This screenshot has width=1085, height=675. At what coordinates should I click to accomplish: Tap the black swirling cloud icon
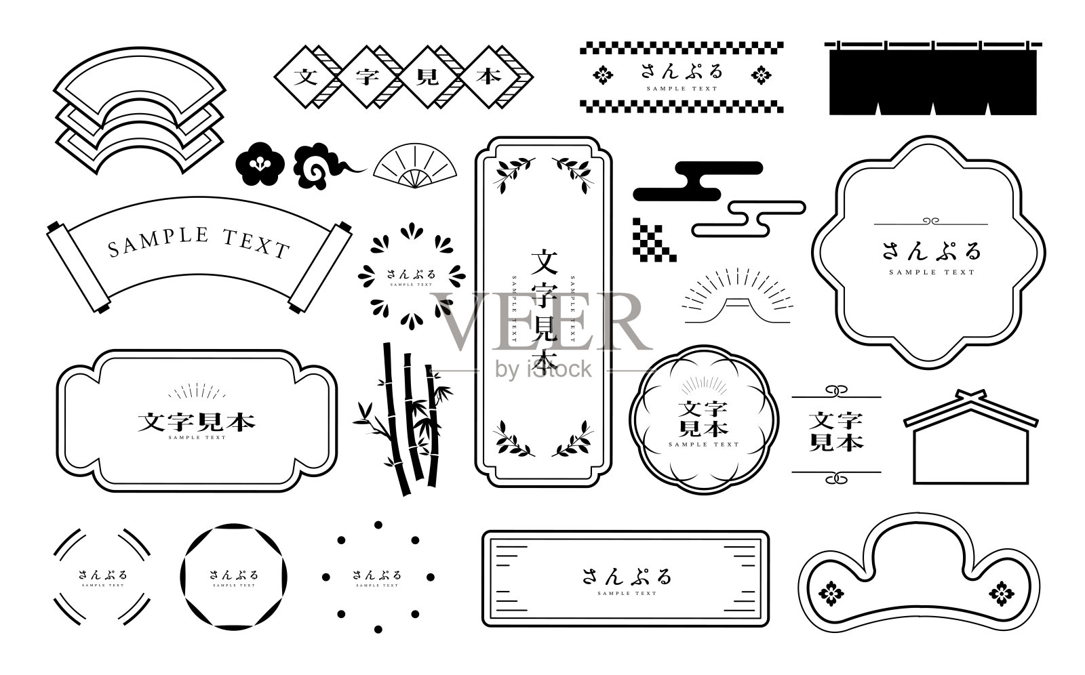[x=319, y=167]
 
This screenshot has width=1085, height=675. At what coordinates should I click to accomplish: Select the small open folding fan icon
[x=414, y=167]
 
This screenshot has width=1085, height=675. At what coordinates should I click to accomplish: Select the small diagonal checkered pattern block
[x=654, y=239]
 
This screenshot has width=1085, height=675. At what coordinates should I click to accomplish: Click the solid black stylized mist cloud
[x=697, y=181]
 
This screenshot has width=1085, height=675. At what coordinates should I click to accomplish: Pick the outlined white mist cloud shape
[x=750, y=218]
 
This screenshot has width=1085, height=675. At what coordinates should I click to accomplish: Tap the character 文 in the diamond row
[x=306, y=76]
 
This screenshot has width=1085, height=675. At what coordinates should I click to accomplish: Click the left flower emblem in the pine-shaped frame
[x=831, y=594]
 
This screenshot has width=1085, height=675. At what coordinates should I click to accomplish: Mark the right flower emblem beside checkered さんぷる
[x=761, y=75]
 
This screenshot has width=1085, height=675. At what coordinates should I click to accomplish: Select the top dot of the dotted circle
[x=378, y=525]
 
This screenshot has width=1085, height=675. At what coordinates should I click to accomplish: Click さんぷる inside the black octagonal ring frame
[x=234, y=575]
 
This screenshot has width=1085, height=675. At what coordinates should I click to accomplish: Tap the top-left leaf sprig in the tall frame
[x=513, y=172]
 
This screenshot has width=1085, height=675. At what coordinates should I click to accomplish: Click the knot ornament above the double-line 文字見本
[x=836, y=391]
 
